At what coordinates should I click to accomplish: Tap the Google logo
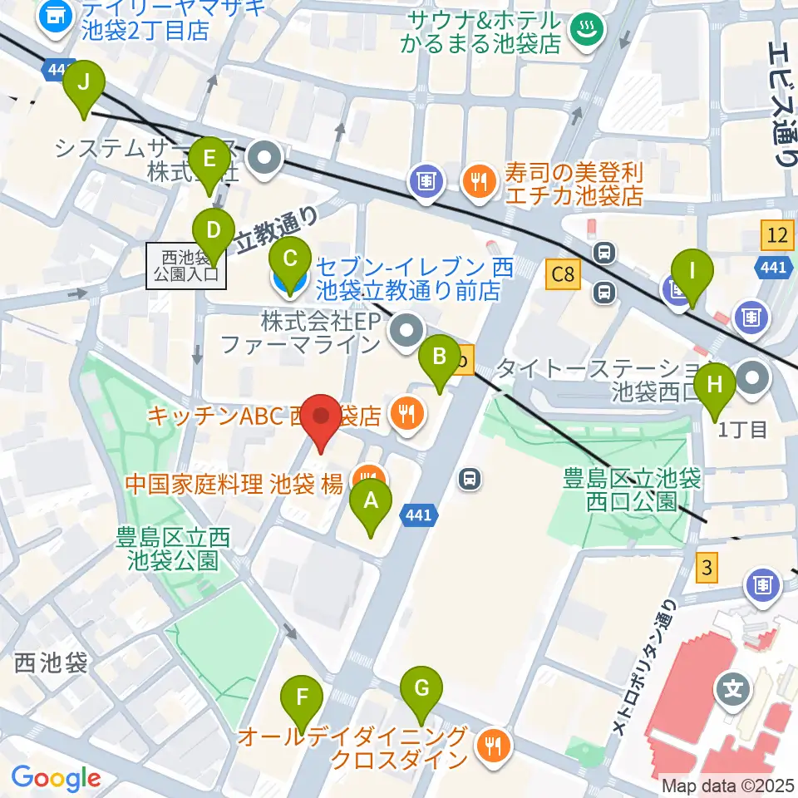[57, 778]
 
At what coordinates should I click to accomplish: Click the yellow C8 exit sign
[563, 274]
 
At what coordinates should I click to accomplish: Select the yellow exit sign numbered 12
[776, 236]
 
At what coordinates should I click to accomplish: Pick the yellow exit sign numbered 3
[707, 569]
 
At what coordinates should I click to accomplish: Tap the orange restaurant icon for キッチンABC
[406, 412]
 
